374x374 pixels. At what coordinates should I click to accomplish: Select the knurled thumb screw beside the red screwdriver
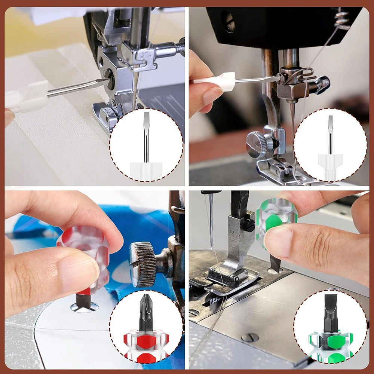click(x=142, y=264)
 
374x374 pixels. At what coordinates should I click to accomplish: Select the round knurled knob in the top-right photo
click(x=257, y=144)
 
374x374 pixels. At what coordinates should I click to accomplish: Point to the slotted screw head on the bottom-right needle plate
click(x=250, y=337)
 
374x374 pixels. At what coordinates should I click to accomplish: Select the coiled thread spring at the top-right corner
click(x=342, y=19)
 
